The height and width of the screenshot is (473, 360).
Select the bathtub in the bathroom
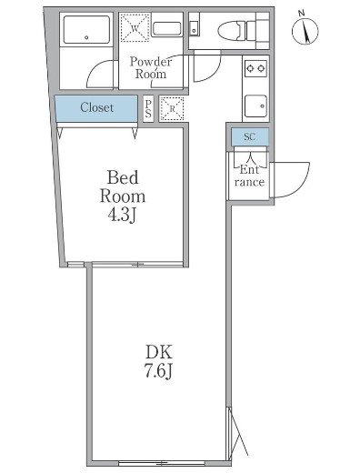point(86,30)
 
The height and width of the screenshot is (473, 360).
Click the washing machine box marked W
point(135,28)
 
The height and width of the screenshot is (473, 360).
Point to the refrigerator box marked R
point(172,108)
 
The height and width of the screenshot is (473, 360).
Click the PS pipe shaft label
point(148,108)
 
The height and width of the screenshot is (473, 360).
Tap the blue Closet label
point(97,107)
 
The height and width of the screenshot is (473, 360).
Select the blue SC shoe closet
point(250,136)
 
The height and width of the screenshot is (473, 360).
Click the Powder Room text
point(151,67)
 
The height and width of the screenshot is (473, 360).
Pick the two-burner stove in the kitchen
point(255,68)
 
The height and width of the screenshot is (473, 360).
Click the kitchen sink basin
point(255,106)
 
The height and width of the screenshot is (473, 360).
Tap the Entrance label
point(249,176)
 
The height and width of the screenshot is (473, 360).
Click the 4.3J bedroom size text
point(122,215)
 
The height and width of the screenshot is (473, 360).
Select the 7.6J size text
point(159,370)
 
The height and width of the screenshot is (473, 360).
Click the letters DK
point(159,352)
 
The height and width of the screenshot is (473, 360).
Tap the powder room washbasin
point(167,29)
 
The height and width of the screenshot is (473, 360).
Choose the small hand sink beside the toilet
point(194,29)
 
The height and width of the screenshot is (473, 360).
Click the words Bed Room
point(123,186)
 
